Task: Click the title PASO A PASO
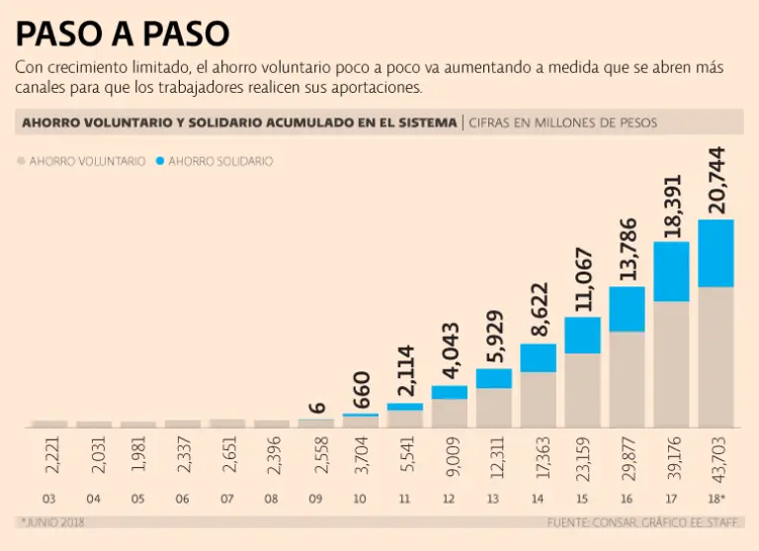tap(123, 34)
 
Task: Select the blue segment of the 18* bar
tap(716, 253)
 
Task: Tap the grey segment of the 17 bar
tap(671, 363)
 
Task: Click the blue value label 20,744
tap(717, 179)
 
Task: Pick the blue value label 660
tap(361, 390)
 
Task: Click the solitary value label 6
tap(316, 407)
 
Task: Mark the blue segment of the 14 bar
tap(539, 357)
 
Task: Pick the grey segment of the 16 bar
tap(627, 378)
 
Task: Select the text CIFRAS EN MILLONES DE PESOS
tap(562, 122)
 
